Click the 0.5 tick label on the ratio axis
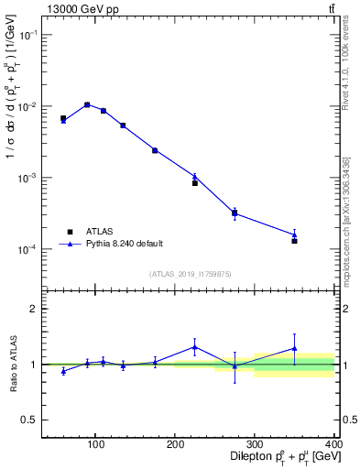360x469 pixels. coord(28,420)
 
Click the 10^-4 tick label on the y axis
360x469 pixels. coord(27,249)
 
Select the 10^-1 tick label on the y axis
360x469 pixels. coord(27,35)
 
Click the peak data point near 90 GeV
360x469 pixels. coord(87,104)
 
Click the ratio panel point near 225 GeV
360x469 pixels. coord(194,346)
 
